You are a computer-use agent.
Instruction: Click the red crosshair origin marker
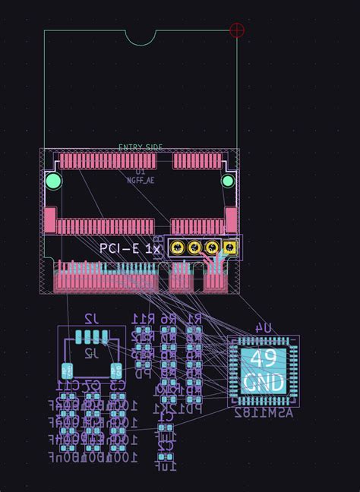[x=237, y=30]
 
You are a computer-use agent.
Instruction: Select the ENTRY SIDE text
[x=141, y=147]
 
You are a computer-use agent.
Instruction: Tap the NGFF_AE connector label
[x=140, y=180]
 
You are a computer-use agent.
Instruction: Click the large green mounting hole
[x=53, y=181]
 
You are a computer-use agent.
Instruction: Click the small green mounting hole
[x=228, y=181]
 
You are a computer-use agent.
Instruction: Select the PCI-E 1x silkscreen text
[x=130, y=248]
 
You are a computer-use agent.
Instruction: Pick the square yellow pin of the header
[x=229, y=248]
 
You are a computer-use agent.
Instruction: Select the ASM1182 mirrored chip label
[x=263, y=413]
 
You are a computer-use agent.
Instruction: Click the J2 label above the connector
[x=90, y=318]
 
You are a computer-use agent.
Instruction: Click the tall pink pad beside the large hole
[x=50, y=219]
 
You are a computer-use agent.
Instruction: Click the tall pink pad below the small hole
[x=231, y=220]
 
